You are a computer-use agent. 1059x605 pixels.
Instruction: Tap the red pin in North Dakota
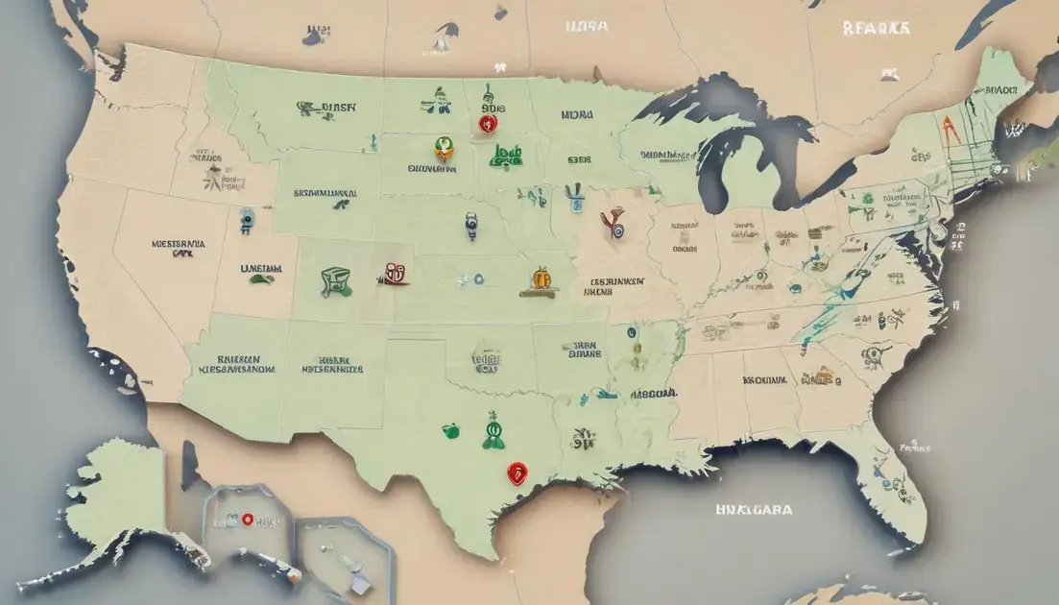[487, 122]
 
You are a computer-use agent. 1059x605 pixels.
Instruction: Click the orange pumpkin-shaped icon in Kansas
[541, 278]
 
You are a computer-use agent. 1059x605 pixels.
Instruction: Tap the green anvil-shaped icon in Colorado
[335, 280]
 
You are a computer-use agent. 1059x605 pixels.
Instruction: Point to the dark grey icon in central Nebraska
[470, 227]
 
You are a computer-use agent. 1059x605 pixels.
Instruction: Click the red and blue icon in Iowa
[612, 225]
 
